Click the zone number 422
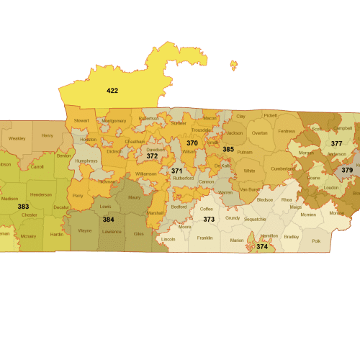(112, 91)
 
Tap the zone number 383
(23, 206)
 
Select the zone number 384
(108, 219)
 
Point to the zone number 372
(152, 156)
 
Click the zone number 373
(209, 219)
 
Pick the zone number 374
(261, 246)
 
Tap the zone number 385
(228, 149)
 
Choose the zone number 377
(336, 143)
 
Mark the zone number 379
(347, 170)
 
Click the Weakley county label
(17, 138)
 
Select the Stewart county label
(81, 121)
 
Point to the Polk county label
(316, 240)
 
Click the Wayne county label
(85, 230)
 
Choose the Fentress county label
(287, 131)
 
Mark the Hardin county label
(57, 235)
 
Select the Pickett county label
(270, 115)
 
